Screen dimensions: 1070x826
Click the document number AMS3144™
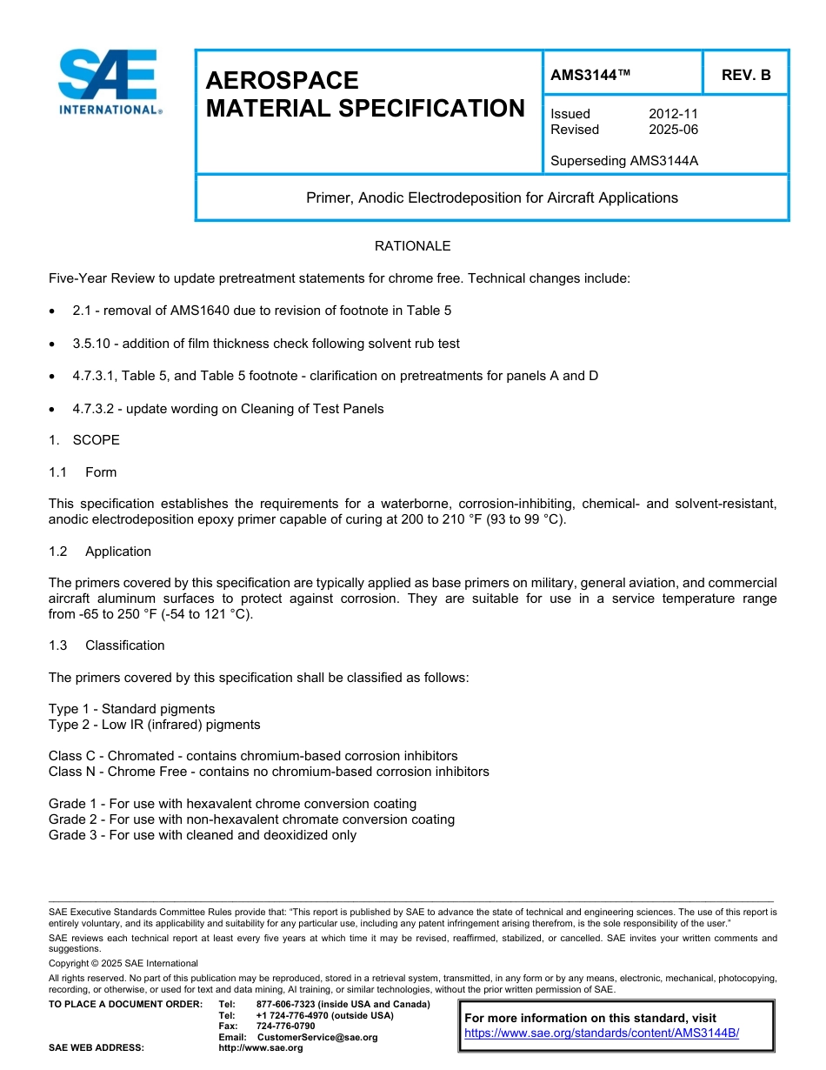(x=590, y=76)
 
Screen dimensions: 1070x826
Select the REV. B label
(x=745, y=76)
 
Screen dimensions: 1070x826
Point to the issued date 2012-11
(x=673, y=114)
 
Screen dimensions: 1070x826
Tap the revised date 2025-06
(x=673, y=130)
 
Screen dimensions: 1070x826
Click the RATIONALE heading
(x=412, y=246)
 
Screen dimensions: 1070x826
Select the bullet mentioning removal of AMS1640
(x=262, y=311)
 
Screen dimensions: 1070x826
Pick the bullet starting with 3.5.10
(x=266, y=344)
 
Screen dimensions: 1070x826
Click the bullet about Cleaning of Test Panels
(x=228, y=409)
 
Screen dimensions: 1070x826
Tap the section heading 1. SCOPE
(x=84, y=440)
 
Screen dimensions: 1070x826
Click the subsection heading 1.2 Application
(x=100, y=552)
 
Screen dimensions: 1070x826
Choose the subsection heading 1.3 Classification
(x=106, y=645)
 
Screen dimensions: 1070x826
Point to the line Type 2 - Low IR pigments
(x=154, y=725)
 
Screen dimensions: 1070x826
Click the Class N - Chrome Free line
(x=269, y=772)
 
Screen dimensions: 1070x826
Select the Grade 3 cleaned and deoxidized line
(x=203, y=835)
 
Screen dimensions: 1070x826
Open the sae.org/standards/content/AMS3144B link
(x=602, y=1033)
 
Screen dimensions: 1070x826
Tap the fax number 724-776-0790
(x=285, y=1027)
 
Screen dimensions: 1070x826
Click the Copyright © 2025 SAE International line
(x=123, y=964)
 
